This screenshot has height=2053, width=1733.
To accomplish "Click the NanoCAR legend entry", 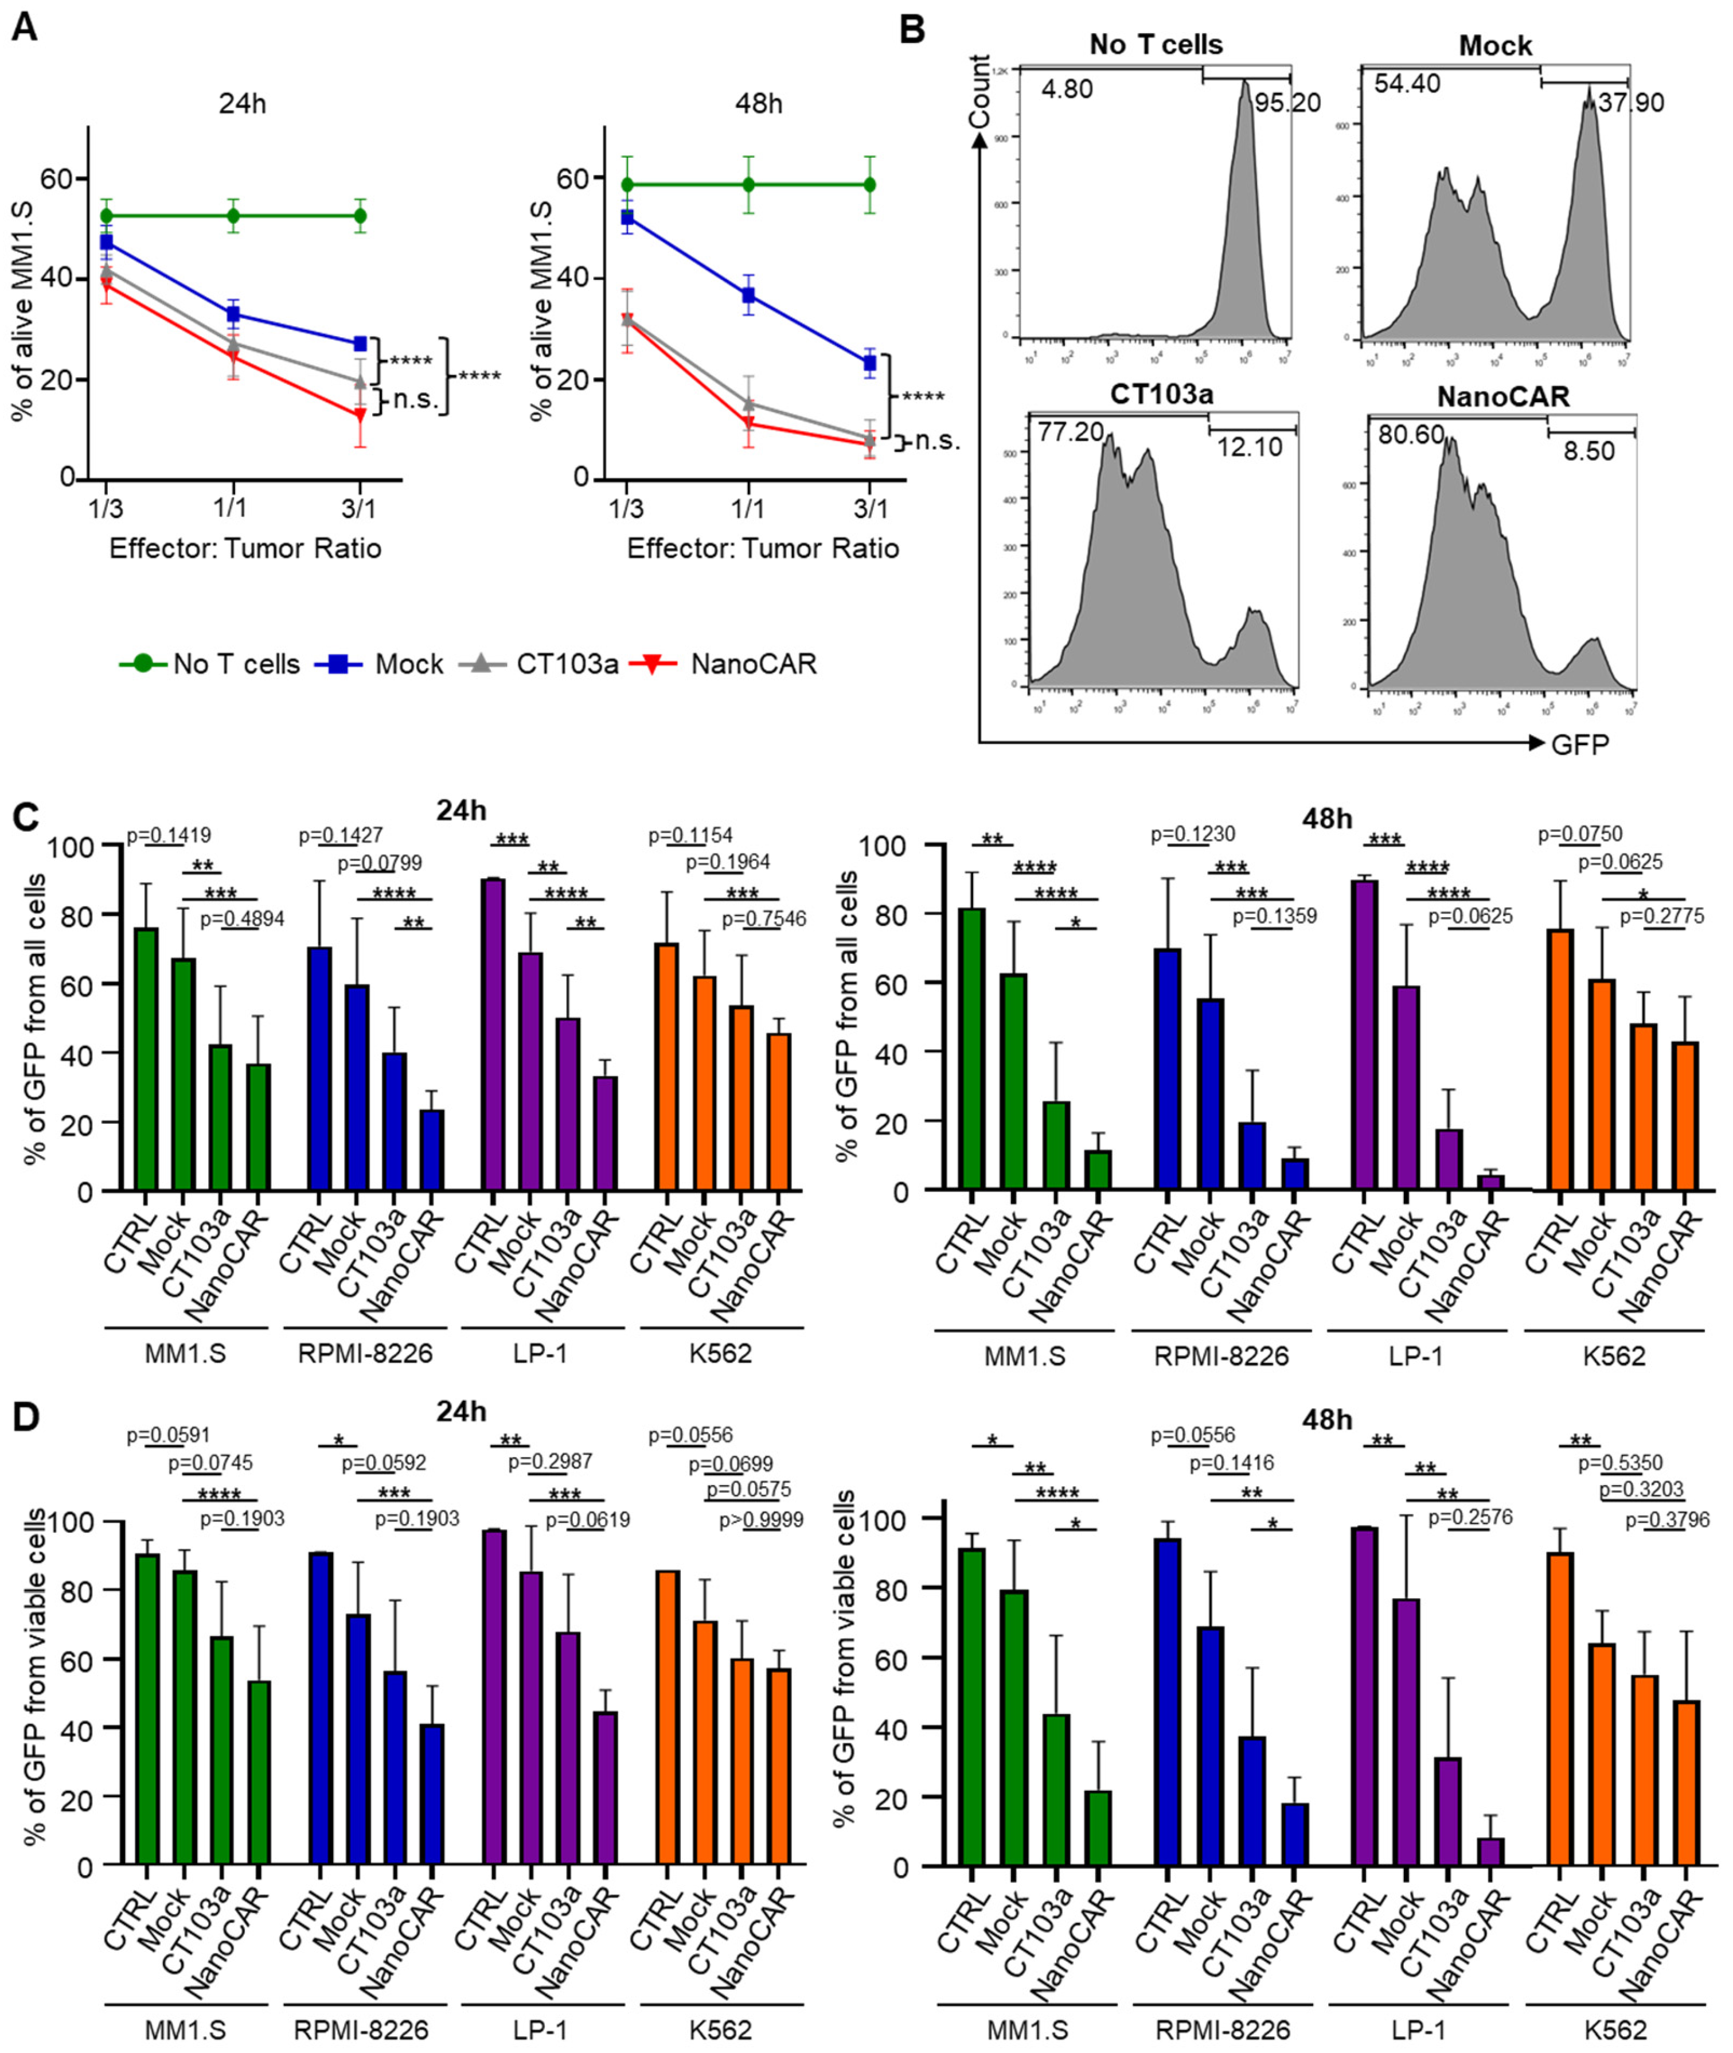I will [752, 664].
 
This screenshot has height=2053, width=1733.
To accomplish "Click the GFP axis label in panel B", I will [1580, 744].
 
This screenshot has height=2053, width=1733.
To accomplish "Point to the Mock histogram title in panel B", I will [1494, 45].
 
